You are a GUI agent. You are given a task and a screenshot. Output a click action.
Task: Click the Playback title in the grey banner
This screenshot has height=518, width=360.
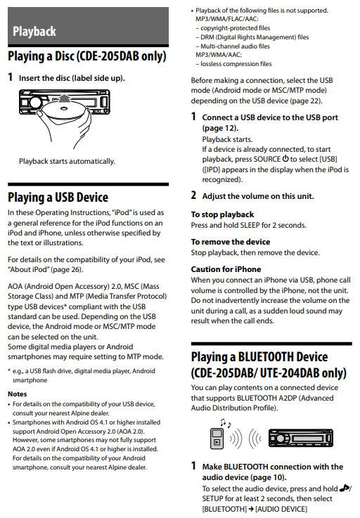[34, 32]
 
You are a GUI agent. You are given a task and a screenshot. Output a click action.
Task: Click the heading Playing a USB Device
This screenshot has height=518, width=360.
[58, 198]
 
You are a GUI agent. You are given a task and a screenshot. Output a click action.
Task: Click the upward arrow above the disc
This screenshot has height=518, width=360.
[65, 99]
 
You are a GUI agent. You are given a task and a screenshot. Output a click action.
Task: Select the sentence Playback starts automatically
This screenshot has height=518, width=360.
[67, 161]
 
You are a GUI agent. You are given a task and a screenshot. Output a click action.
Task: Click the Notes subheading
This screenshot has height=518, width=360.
[17, 394]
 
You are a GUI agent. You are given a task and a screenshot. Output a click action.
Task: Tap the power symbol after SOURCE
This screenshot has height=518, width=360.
[285, 159]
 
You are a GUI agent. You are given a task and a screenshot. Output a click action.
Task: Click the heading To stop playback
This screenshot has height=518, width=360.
[222, 214]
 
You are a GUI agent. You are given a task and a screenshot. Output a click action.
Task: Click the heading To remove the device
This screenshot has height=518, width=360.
[231, 242]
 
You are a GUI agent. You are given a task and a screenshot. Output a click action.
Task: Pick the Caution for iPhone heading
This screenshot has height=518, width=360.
[226, 269]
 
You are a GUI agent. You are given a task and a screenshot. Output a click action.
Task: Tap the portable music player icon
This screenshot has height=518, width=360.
[217, 439]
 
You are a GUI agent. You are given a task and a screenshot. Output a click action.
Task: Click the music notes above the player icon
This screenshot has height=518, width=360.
[226, 422]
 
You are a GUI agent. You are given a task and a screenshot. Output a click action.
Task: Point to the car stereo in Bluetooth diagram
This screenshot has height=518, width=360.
[301, 438]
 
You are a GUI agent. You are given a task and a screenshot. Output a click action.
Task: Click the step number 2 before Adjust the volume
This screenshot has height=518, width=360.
[193, 195]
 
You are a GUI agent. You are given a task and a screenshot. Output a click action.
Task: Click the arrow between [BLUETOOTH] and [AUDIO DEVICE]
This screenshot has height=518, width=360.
[251, 509]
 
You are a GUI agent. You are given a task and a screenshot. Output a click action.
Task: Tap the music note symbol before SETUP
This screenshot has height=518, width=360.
[344, 488]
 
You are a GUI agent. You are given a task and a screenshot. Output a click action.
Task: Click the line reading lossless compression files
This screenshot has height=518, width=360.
[233, 64]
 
